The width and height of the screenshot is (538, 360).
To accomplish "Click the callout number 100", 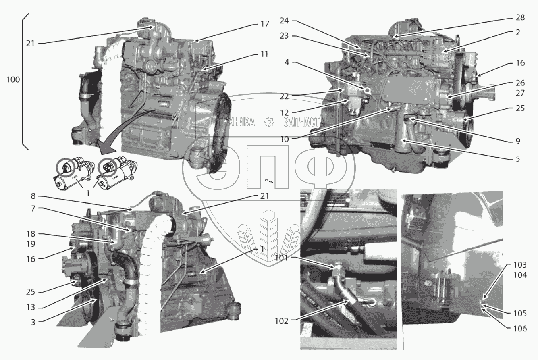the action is (13, 80).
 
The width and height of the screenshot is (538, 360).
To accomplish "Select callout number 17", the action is (264, 24).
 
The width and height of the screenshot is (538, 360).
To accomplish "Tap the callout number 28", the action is (520, 17).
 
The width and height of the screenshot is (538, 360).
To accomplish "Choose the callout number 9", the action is (517, 141).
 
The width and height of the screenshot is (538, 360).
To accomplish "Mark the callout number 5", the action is (517, 159).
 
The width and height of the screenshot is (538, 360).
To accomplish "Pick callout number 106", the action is (520, 329).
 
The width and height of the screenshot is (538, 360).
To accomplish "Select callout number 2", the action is (517, 33).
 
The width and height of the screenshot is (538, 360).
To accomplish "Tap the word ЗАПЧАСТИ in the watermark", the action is (304, 121).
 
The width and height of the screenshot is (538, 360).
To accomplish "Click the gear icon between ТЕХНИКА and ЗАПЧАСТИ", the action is (269, 121).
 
